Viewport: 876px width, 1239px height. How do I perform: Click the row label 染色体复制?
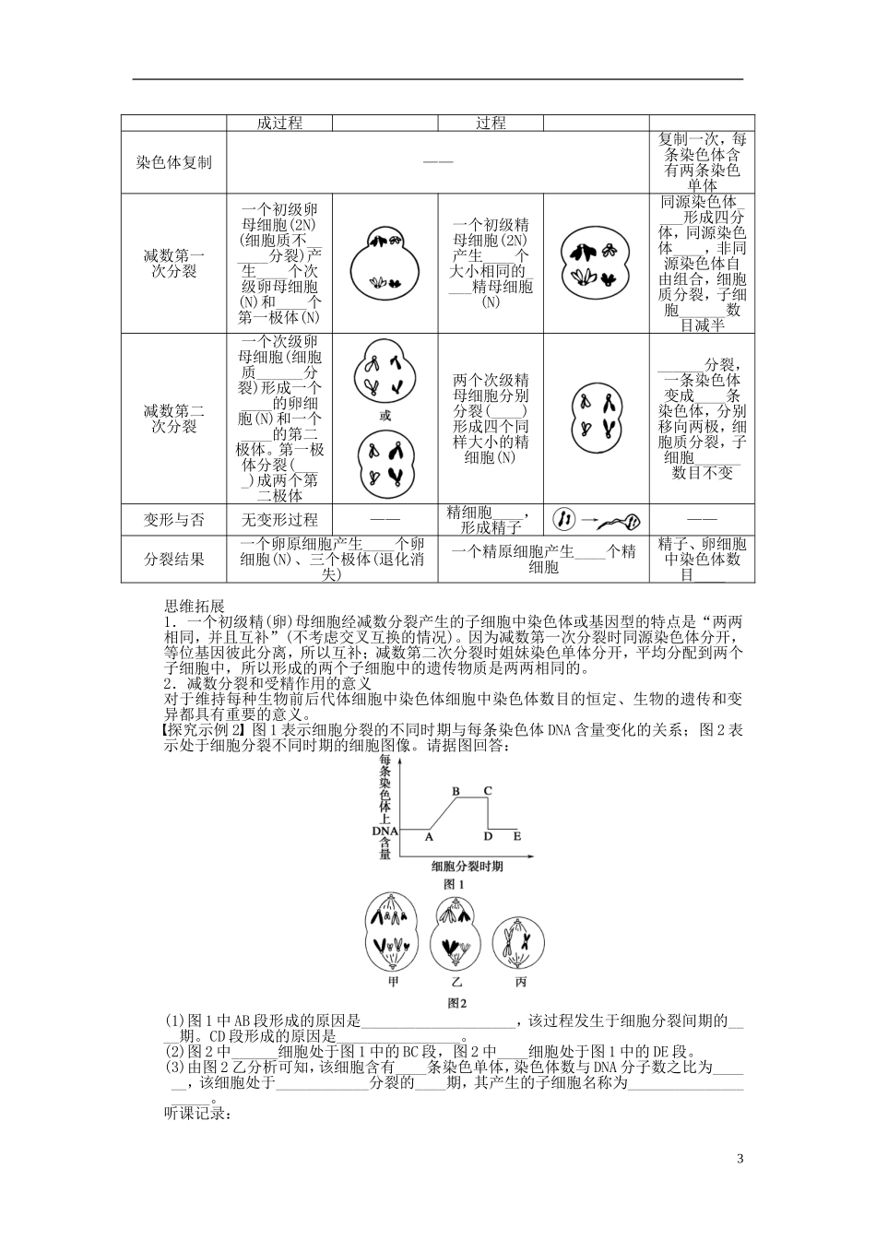pos(173,162)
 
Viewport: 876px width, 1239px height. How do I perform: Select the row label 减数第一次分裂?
pos(173,263)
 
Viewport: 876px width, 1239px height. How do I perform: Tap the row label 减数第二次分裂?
pos(173,419)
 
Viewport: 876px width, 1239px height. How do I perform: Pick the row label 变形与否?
pos(173,520)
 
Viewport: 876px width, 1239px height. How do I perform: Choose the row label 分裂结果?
pos(173,560)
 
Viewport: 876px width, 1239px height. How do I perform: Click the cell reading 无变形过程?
pos(278,520)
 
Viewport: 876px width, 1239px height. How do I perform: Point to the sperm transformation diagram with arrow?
pos(596,520)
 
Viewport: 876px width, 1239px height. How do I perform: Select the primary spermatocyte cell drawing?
pos(596,263)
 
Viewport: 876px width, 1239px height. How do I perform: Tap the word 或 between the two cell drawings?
pos(385,416)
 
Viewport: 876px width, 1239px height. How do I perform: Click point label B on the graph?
pos(456,791)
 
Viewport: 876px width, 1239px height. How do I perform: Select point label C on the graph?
pos(488,791)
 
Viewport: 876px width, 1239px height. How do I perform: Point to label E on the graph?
pos(516,836)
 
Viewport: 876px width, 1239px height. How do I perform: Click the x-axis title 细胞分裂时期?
pos(466,867)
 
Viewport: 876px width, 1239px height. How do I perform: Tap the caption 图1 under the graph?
pos(454,884)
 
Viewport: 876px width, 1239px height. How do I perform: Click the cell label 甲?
pos(396,982)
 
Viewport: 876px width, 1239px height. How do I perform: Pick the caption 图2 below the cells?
pos(456,1003)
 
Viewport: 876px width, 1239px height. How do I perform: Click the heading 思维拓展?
pos(194,606)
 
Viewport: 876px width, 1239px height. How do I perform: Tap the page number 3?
pos(740,1159)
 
